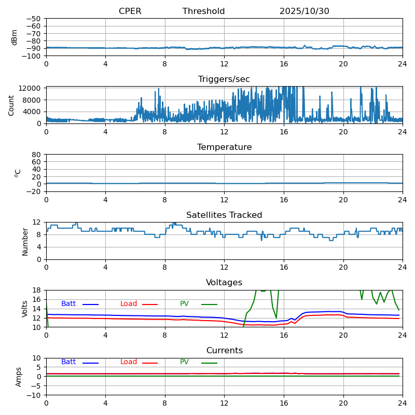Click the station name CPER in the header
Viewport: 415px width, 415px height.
pos(130,11)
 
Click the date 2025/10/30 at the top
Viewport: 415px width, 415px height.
pos(304,11)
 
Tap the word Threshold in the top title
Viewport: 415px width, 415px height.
pos(203,11)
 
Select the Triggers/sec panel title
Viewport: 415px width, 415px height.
pos(224,79)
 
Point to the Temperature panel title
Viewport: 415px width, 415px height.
pos(224,147)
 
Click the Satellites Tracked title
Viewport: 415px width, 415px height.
pos(224,215)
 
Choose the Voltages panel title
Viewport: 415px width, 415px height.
pos(224,283)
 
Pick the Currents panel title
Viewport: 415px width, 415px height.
pos(224,351)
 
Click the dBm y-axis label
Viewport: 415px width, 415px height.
pos(15,37)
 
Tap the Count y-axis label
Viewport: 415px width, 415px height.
pos(11,105)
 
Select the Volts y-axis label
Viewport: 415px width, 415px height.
pos(25,309)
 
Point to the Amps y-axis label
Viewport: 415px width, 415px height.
pos(19,377)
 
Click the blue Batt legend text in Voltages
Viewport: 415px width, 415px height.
pos(68,304)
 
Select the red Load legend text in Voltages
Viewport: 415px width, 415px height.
pos(129,304)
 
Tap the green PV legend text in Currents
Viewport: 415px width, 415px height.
pos(184,362)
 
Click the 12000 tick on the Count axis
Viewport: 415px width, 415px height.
pos(31,89)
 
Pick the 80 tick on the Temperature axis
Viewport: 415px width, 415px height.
pos(37,155)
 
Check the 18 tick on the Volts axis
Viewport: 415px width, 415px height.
pos(37,290)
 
